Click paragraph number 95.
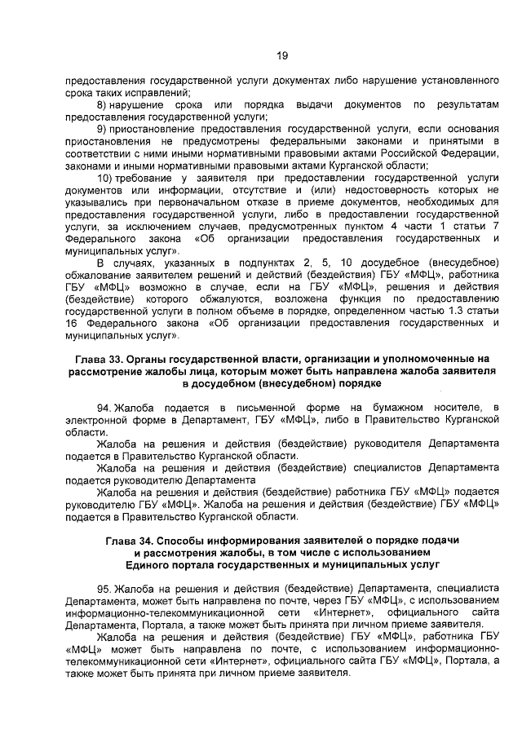[x=104, y=588]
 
